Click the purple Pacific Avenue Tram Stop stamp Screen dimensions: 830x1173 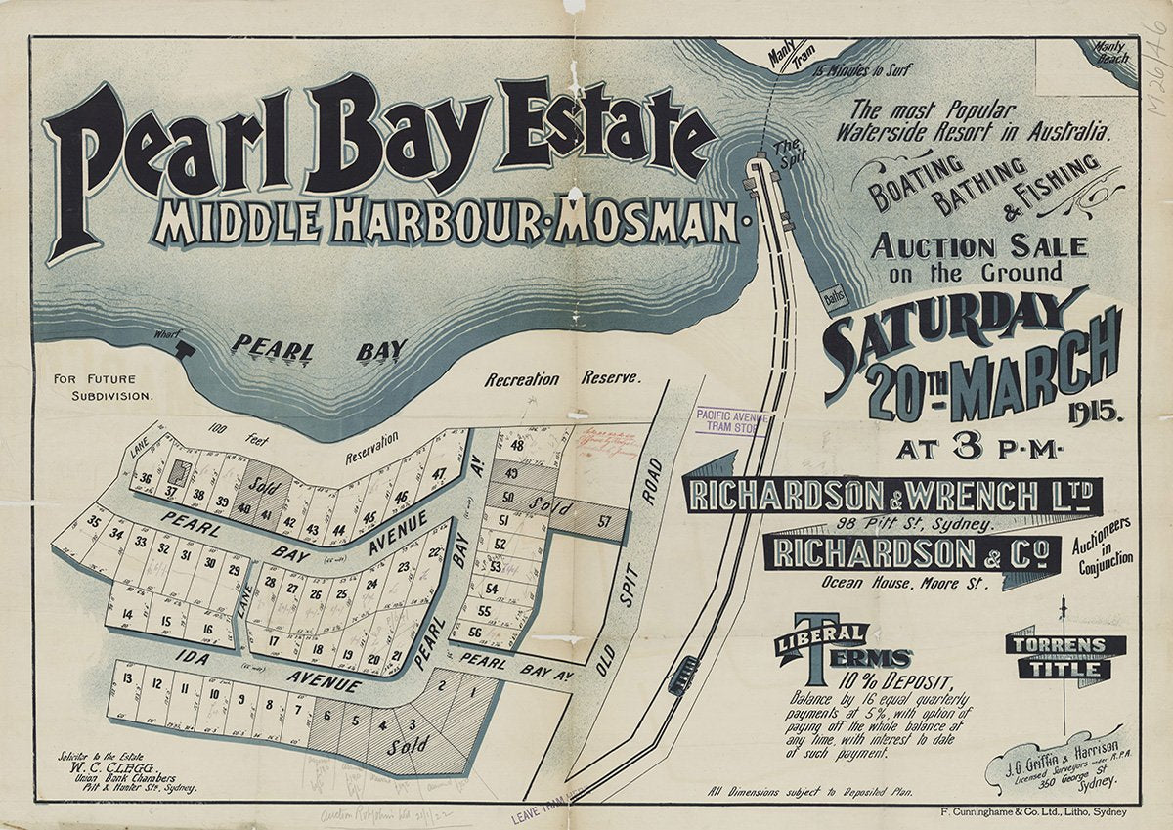pos(730,421)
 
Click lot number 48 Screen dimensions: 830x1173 pos(517,446)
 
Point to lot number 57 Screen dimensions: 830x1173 pos(604,520)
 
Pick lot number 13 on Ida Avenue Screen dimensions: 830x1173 pos(128,679)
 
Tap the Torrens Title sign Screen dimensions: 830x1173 pos(1064,657)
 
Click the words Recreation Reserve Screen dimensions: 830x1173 pos(563,378)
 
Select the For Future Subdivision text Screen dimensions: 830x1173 pos(110,387)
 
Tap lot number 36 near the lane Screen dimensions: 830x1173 pos(145,478)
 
